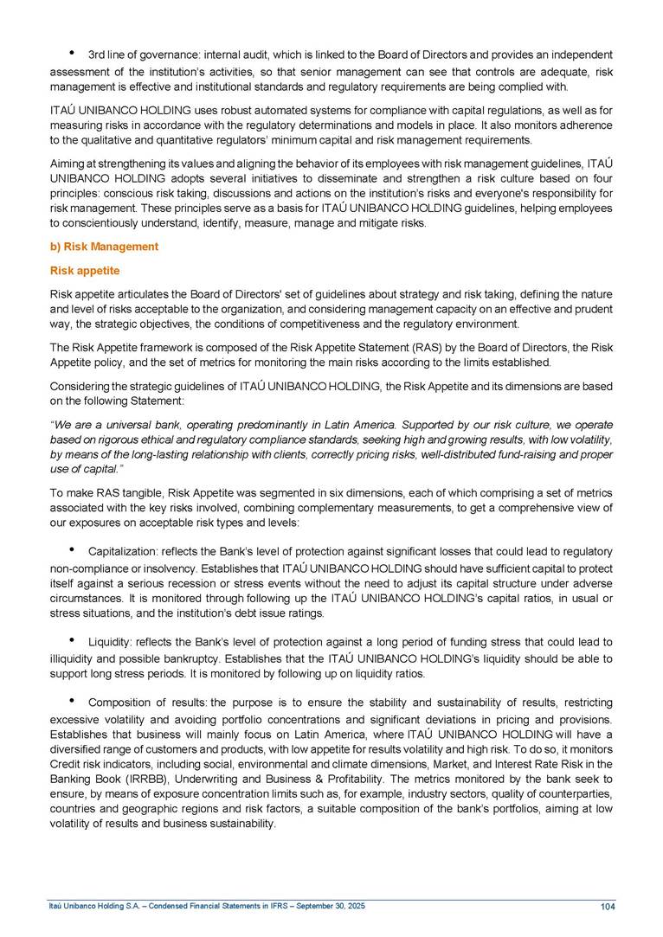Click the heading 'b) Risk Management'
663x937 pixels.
point(103,247)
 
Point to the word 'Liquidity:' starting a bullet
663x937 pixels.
point(113,641)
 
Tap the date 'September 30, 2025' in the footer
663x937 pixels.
point(330,905)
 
